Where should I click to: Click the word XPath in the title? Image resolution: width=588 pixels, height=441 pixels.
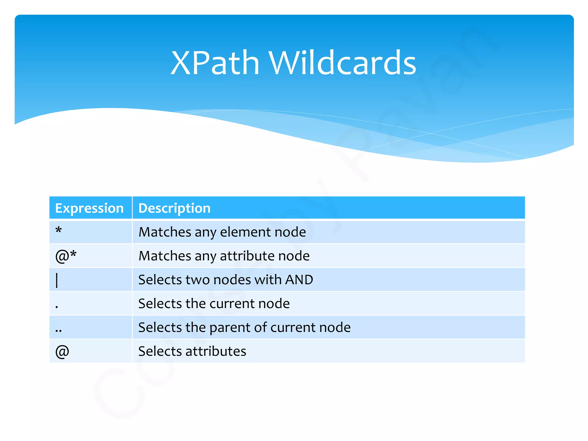pyautogui.click(x=215, y=63)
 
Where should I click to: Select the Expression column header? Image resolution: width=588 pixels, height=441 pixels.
pyautogui.click(x=89, y=208)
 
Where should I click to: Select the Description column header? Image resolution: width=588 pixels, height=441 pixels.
pyautogui.click(x=174, y=208)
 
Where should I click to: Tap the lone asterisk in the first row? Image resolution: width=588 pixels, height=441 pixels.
pyautogui.click(x=59, y=231)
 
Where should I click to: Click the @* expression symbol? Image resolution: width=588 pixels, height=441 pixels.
pyautogui.click(x=66, y=256)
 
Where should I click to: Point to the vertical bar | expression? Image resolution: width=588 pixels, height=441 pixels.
pyautogui.click(x=57, y=280)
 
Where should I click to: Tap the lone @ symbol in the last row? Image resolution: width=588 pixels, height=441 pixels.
pyautogui.click(x=62, y=351)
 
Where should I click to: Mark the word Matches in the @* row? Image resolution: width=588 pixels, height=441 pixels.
pyautogui.click(x=165, y=256)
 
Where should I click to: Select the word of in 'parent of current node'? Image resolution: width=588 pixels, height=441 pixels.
pyautogui.click(x=260, y=327)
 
